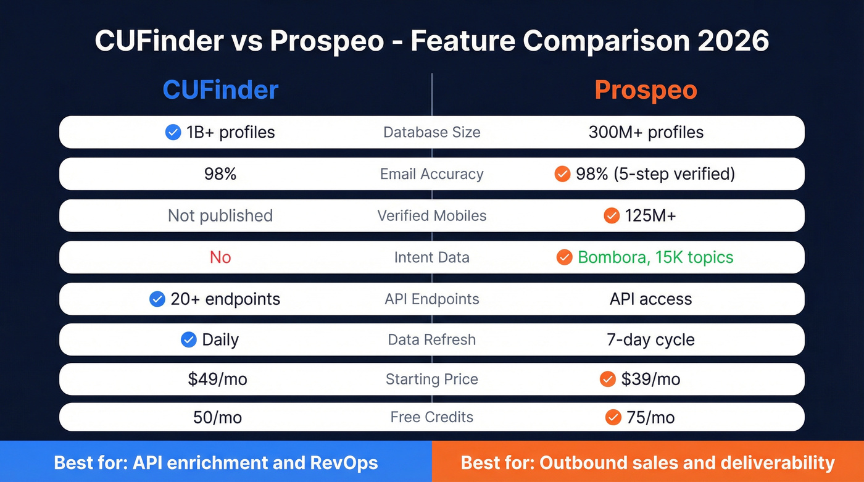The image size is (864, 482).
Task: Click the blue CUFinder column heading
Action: (x=220, y=90)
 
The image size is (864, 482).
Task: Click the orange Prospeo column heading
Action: (x=646, y=90)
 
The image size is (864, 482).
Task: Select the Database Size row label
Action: (x=431, y=132)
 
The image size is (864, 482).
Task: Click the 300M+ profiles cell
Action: (x=646, y=132)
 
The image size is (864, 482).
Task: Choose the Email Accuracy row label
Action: (x=431, y=174)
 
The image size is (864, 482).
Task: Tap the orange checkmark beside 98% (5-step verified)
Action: (x=562, y=174)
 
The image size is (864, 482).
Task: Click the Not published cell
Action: (x=220, y=215)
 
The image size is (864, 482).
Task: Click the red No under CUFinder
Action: (x=220, y=257)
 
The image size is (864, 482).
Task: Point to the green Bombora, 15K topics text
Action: (x=655, y=257)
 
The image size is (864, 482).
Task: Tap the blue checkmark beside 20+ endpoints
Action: (x=157, y=299)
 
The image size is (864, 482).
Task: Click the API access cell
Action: (x=650, y=299)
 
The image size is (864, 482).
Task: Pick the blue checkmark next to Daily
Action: (x=189, y=339)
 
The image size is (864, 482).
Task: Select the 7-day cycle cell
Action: (x=650, y=339)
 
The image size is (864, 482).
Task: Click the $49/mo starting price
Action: (x=217, y=379)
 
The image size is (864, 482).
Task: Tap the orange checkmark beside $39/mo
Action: (x=608, y=379)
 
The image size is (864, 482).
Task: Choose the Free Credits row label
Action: (x=431, y=417)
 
